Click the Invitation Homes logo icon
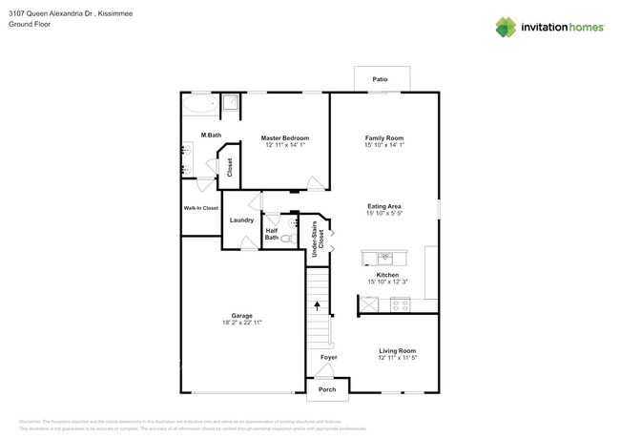tap(506, 27)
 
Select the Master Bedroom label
tap(284, 138)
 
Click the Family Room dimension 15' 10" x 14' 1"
tap(384, 145)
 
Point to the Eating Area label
tap(383, 205)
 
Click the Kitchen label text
tap(386, 274)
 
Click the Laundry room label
tap(241, 220)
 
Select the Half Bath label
tap(272, 234)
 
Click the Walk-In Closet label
tap(200, 208)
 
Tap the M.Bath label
tap(210, 135)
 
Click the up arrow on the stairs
tap(318, 305)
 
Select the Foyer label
tap(328, 357)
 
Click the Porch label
tap(327, 389)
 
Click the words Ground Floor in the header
tap(31, 24)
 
